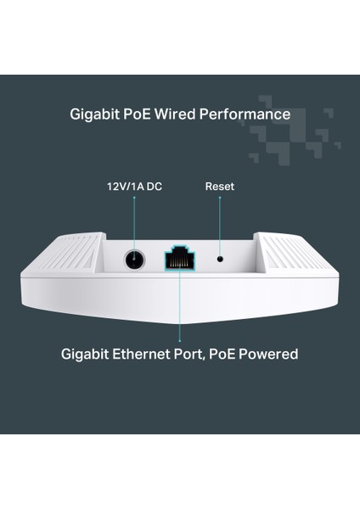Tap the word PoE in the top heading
148,115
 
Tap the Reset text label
220,187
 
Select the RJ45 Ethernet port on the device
181,260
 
